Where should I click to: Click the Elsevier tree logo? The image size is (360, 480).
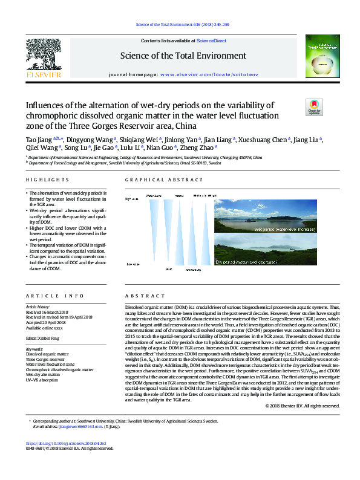click(x=44, y=57)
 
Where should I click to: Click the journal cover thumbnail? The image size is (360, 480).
click(x=316, y=59)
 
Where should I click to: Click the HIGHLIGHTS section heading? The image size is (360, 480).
click(x=47, y=180)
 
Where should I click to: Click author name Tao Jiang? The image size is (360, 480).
click(x=39, y=140)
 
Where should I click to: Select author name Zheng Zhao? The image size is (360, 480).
click(x=200, y=147)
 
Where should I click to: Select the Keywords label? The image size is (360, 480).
click(x=35, y=349)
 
